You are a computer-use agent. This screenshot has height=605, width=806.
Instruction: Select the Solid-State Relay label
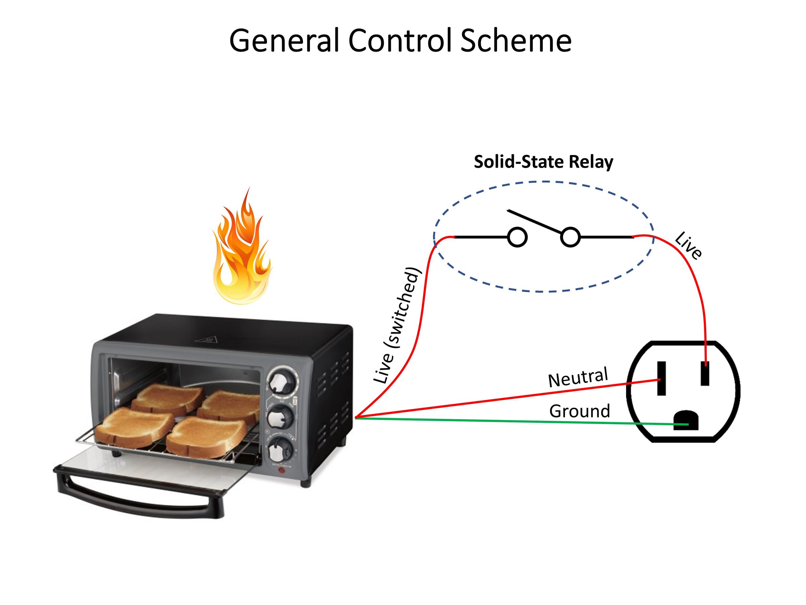pyautogui.click(x=543, y=162)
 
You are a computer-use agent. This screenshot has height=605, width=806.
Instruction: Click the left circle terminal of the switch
pyautogui.click(x=518, y=237)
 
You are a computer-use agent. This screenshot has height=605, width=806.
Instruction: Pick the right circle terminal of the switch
pyautogui.click(x=570, y=237)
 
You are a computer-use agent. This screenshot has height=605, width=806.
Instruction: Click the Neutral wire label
pyautogui.click(x=578, y=377)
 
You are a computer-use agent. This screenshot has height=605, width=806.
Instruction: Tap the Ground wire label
pyautogui.click(x=580, y=411)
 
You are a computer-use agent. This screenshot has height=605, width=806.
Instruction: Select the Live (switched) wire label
pyautogui.click(x=398, y=326)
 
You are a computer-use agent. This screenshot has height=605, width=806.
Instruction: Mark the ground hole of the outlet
pyautogui.click(x=686, y=420)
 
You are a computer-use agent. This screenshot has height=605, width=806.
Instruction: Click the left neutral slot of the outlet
pyautogui.click(x=661, y=378)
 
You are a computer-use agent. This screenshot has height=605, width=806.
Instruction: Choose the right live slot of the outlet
pyautogui.click(x=705, y=373)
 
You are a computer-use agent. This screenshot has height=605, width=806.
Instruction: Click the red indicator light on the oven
pyautogui.click(x=281, y=471)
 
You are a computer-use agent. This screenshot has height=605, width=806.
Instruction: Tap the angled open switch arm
pyautogui.click(x=534, y=221)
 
